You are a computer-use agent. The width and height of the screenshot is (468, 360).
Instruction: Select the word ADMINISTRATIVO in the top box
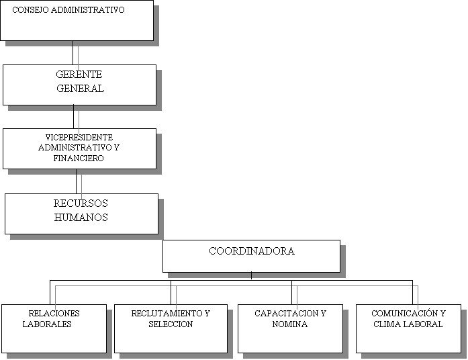(87, 10)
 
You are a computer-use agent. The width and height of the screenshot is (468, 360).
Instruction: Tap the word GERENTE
(79, 75)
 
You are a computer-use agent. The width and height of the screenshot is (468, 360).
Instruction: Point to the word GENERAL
(81, 89)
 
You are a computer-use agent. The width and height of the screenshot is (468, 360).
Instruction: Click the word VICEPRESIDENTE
(79, 138)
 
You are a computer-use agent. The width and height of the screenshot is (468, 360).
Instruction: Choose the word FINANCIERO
(79, 159)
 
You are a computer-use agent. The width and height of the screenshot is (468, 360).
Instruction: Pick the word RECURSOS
(81, 204)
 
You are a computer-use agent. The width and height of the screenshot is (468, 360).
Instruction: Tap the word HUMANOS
(81, 218)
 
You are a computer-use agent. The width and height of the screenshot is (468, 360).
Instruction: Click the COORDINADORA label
(252, 251)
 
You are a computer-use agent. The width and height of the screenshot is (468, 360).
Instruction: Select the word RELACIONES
(54, 314)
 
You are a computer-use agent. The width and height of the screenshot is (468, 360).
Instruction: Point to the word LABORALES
(47, 324)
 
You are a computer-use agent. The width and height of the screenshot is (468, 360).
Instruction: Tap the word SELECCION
(171, 324)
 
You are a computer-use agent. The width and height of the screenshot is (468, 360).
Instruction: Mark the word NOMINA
(290, 324)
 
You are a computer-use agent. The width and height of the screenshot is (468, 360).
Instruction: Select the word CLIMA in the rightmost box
(385, 324)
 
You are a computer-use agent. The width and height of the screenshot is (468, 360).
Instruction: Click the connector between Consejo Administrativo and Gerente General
(73, 53)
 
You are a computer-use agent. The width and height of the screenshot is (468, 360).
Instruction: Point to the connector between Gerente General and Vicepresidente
(73, 117)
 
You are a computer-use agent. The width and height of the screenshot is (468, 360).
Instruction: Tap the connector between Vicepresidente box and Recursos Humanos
(76, 181)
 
